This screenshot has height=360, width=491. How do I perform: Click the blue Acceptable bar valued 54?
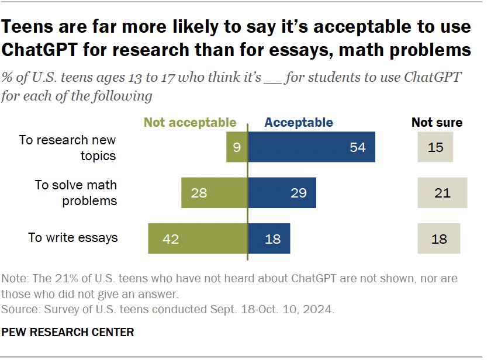point(311,147)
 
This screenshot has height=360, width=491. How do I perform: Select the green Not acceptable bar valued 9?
point(237,147)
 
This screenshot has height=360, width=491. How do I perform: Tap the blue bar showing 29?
point(282,193)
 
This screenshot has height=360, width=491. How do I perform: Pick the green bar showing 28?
point(214,193)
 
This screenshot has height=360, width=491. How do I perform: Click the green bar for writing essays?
point(198,238)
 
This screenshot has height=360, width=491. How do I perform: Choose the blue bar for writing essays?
point(269,238)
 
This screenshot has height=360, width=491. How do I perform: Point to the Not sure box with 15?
point(435,147)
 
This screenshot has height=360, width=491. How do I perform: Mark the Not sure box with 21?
point(442,193)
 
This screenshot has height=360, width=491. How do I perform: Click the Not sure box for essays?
point(438,238)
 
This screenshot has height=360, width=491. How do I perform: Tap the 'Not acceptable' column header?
point(190,123)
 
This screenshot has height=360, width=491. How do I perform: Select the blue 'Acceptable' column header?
point(299,123)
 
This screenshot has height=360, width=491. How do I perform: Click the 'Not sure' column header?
point(437,123)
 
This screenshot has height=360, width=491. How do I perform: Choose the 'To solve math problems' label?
point(76,193)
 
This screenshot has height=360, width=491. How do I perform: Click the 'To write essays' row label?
point(73,238)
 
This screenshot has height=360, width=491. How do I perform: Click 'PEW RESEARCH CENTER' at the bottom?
point(68,333)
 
